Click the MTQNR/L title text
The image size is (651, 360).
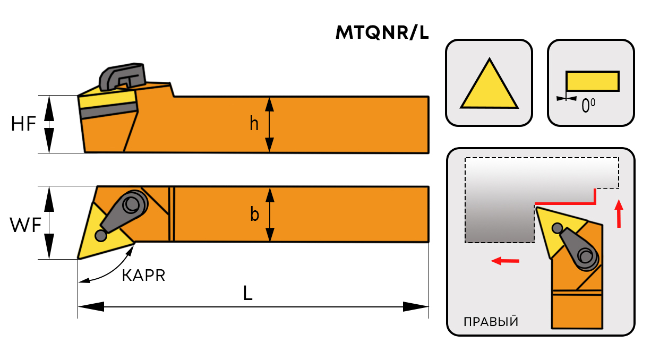[x=382, y=33]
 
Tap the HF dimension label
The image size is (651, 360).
[x=23, y=124]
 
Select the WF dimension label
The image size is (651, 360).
[x=25, y=226]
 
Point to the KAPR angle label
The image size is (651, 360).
[x=143, y=276]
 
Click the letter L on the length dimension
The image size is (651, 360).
[x=247, y=294]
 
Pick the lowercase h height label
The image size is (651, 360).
[x=254, y=124]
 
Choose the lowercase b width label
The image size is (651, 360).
[x=255, y=215]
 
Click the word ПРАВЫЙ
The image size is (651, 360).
[x=491, y=322]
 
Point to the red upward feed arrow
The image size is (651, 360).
[x=618, y=213]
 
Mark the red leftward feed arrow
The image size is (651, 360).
[x=504, y=261]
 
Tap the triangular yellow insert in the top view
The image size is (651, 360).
[x=98, y=234]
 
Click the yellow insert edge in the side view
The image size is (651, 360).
[x=106, y=98]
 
